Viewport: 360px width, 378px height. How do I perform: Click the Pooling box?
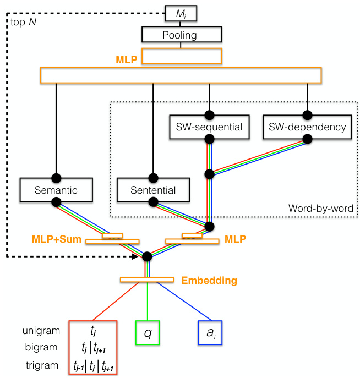[x=181, y=35]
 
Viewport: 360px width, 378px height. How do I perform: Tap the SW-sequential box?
[x=209, y=127]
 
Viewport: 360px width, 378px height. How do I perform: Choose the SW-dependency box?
[x=307, y=127]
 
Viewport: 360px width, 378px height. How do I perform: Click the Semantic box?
[x=56, y=190]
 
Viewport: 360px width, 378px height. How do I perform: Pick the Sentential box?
[x=153, y=190]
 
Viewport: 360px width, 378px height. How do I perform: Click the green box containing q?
[x=148, y=333]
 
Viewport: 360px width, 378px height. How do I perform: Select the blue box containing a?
[x=209, y=333]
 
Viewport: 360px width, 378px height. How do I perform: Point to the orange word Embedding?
[x=209, y=281]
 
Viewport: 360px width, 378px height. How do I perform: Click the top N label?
[x=22, y=23]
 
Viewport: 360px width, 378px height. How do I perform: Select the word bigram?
[x=41, y=347]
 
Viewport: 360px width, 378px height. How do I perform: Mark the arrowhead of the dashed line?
[x=138, y=256]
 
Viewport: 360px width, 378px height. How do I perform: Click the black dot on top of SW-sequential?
[x=209, y=116]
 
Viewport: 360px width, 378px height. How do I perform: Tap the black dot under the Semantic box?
[x=56, y=202]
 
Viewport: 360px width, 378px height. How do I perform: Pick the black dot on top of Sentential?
[x=153, y=178]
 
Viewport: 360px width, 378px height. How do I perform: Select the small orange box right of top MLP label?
[x=181, y=57]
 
